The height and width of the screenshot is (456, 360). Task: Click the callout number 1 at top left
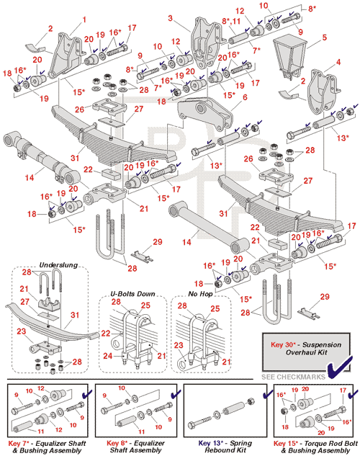[84, 19]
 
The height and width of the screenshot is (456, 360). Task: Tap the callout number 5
[324, 37]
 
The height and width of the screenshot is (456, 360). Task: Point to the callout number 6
[245, 97]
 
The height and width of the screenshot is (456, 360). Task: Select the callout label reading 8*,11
[231, 21]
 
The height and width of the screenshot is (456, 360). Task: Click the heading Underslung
[58, 265]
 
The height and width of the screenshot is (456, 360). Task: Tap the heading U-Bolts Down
[132, 294]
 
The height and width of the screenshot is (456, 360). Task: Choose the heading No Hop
[200, 294]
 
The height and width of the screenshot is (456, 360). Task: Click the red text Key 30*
[283, 344]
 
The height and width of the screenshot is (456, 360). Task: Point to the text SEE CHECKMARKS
[293, 377]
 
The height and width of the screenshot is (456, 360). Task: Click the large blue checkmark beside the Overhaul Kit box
[339, 368]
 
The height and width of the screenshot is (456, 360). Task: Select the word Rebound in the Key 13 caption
[217, 450]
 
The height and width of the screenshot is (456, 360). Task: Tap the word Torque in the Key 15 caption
[315, 444]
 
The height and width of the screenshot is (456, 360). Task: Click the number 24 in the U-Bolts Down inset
[107, 355]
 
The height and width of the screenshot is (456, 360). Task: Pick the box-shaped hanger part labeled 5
[289, 56]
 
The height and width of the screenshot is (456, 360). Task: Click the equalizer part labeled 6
[205, 114]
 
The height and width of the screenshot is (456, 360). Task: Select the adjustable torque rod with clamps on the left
[41, 158]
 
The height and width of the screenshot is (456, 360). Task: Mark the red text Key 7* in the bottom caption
[19, 444]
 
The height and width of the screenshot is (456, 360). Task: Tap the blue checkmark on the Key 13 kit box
[267, 395]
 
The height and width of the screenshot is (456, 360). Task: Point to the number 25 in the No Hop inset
[215, 308]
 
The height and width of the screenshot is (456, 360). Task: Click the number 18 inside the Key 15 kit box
[285, 427]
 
